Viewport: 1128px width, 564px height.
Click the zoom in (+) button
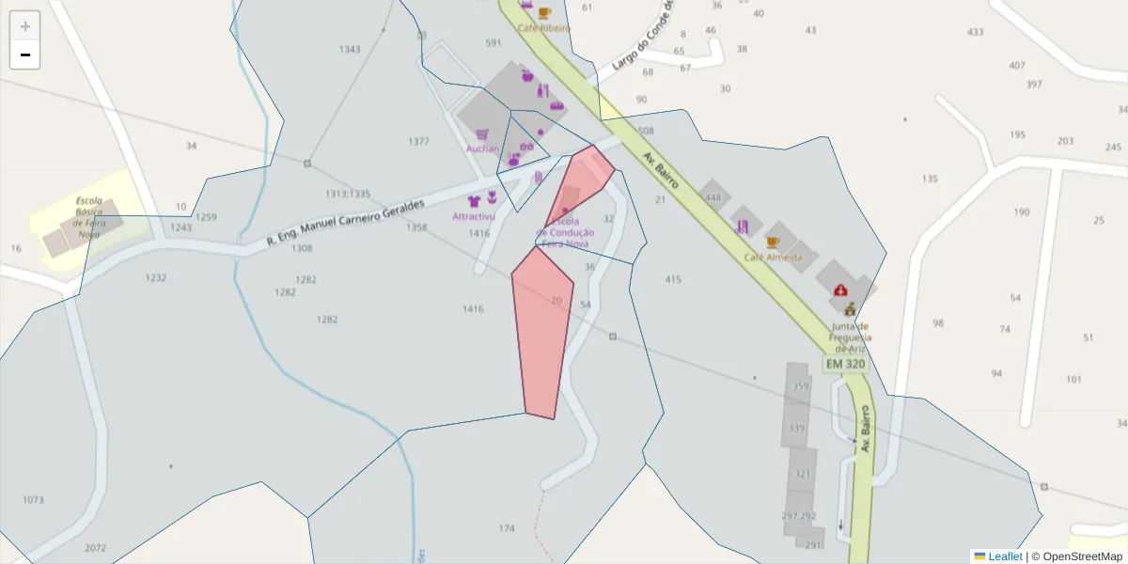(25, 26)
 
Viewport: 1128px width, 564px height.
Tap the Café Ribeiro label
(543, 28)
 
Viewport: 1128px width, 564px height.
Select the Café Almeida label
(773, 257)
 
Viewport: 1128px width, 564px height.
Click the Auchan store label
(482, 149)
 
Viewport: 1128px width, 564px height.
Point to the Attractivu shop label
(474, 216)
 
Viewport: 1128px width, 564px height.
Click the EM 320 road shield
(845, 364)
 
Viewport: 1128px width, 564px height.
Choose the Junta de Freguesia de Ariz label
(850, 337)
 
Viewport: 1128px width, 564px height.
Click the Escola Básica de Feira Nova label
(89, 217)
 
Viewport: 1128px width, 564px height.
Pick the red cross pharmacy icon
(839, 291)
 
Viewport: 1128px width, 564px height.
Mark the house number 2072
(95, 548)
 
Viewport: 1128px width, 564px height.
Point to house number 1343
(350, 50)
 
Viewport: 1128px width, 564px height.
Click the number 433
(976, 32)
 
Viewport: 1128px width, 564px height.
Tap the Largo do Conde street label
(643, 38)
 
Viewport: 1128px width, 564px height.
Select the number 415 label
(673, 280)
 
